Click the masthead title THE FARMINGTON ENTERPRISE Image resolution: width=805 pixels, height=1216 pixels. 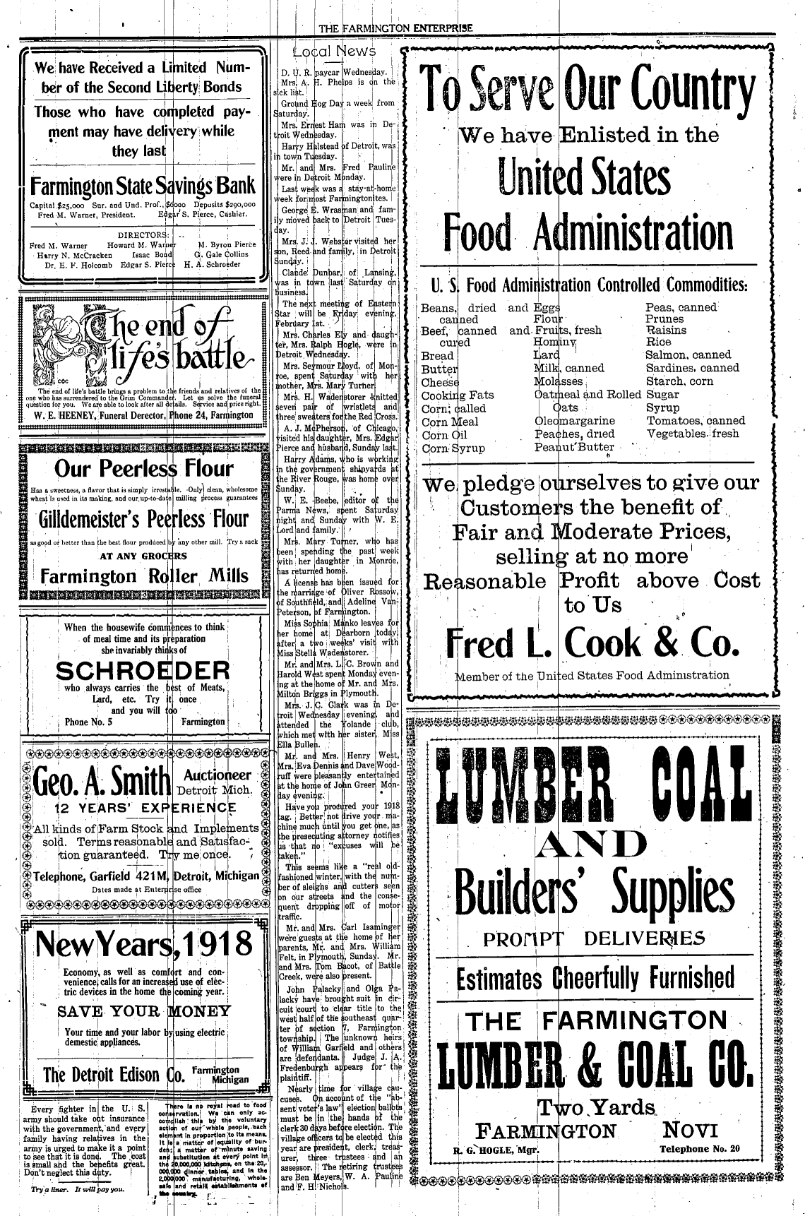click(x=395, y=28)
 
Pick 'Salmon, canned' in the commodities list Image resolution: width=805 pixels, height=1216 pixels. click(x=688, y=355)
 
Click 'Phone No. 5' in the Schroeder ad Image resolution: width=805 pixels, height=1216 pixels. click(x=88, y=722)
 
